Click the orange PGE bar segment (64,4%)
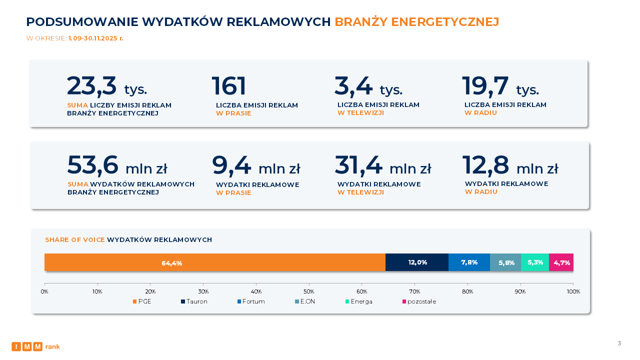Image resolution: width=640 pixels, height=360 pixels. tap(215, 262)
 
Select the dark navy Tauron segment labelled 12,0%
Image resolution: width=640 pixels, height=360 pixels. tap(417, 262)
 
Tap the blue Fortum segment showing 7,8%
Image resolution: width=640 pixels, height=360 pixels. tap(469, 262)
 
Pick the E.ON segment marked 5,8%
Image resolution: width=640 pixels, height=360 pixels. tap(505, 262)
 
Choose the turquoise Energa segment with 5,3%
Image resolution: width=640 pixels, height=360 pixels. tap(535, 262)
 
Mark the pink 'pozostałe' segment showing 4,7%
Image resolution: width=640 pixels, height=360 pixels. tap(561, 262)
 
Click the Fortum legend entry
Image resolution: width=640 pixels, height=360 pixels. tap(251, 301)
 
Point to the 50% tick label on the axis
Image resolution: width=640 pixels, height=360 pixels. tap(309, 291)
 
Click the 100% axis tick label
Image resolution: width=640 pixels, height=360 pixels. tap(573, 291)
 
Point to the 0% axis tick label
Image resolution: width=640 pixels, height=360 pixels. tap(44, 291)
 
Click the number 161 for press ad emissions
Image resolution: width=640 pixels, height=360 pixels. tap(229, 86)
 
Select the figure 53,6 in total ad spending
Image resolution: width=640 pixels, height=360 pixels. tap(93, 165)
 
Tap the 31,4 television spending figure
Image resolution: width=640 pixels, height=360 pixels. tap(358, 165)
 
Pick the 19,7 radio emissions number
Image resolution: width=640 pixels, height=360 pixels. tap(485, 86)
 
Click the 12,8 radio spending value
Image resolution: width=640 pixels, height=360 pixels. tap(485, 165)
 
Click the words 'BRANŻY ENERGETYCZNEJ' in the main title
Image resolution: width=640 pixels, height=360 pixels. tap(416, 22)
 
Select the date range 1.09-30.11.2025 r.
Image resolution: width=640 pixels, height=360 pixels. tap(96, 38)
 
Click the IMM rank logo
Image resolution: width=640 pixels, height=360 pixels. tap(35, 346)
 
